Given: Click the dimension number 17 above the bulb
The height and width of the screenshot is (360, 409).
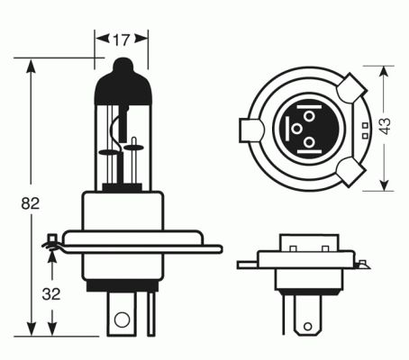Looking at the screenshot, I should coord(119,40).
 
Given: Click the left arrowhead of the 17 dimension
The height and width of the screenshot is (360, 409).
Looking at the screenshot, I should coord(99,40).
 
